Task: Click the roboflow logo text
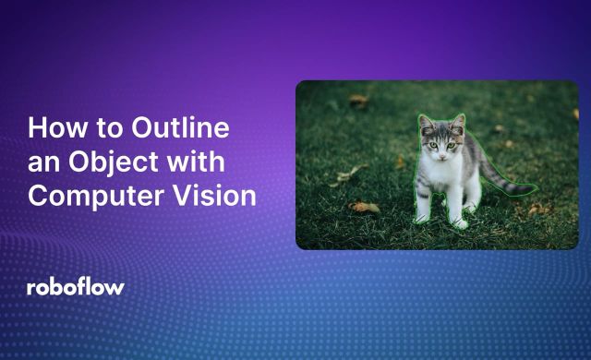(75, 287)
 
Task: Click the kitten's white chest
(441, 175)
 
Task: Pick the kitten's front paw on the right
(459, 223)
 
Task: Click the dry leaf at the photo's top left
(358, 100)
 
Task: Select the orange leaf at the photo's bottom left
(364, 207)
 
